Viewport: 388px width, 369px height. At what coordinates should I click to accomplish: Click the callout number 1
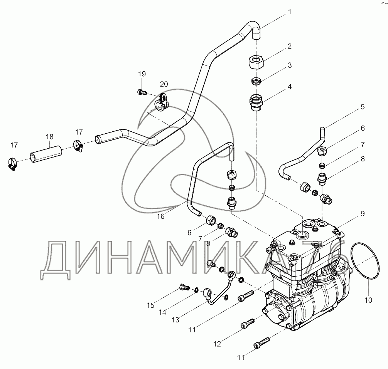coord(290,12)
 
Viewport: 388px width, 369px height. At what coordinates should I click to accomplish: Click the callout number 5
coord(363,107)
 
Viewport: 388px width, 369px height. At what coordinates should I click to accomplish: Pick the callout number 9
coord(363,213)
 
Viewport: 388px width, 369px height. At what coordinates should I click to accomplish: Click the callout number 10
coord(368,300)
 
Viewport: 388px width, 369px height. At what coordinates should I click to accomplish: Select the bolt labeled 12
coord(248,324)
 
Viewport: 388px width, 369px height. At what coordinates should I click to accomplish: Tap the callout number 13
coord(175,320)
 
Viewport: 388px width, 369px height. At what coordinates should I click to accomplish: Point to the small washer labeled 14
coord(196,290)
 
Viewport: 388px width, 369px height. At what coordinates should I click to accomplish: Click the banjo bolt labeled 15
coord(184,287)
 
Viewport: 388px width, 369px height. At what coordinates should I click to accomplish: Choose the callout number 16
coord(160,216)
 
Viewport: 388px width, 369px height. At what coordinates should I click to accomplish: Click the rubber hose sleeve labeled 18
coord(46,154)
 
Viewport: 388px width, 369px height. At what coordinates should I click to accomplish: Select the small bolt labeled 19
coord(142,92)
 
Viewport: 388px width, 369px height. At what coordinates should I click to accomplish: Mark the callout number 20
coord(164,84)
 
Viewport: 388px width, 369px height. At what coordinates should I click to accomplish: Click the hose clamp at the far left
coord(12,164)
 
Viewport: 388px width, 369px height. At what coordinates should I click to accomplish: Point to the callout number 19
coord(142,74)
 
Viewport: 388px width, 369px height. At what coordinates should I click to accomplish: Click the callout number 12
coord(217,344)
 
